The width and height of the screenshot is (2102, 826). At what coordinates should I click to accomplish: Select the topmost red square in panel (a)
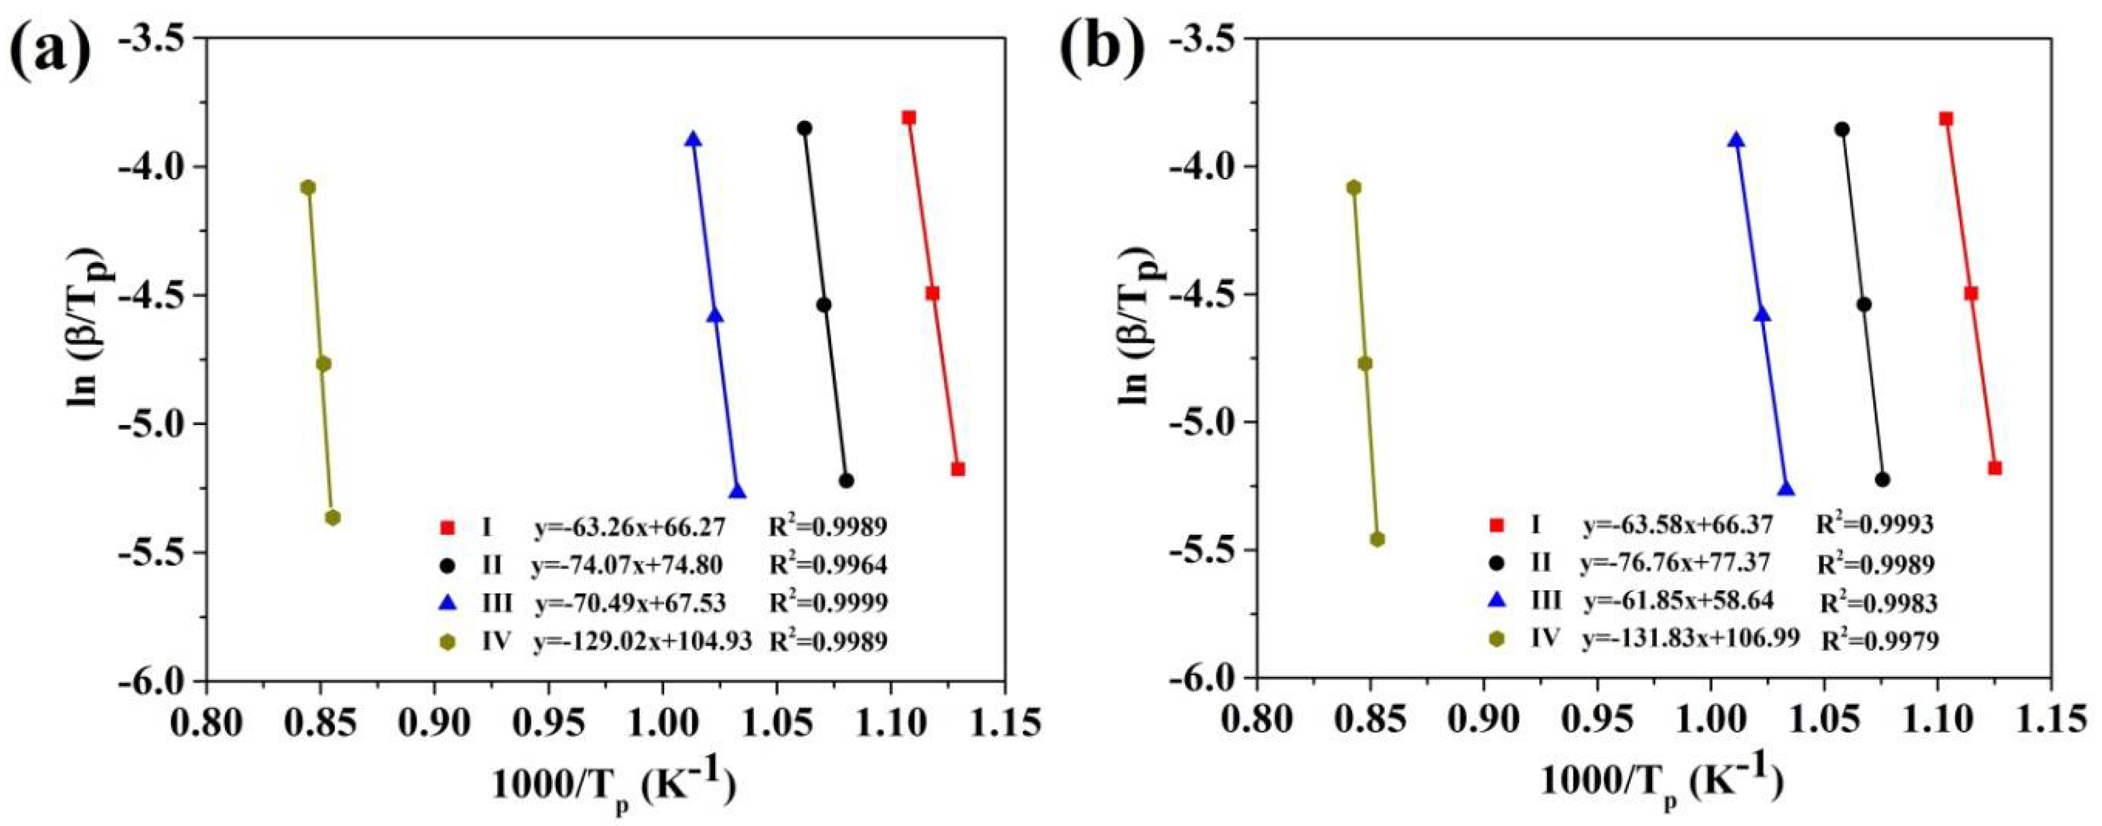pyautogui.click(x=909, y=117)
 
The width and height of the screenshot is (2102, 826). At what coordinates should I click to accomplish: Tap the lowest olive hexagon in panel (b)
pyautogui.click(x=1377, y=539)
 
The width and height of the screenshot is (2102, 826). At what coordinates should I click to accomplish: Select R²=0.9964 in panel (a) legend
pyautogui.click(x=828, y=564)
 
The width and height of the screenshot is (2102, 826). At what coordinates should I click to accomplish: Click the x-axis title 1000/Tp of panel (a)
pyautogui.click(x=614, y=785)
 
